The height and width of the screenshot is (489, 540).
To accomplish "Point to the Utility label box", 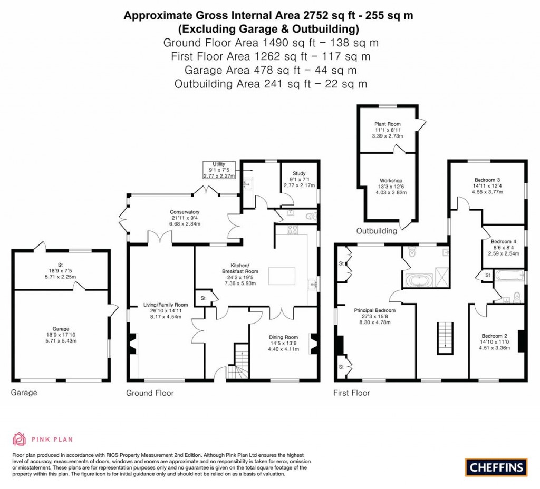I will tap(219, 170).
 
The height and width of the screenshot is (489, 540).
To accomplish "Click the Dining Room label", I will tap(283, 337).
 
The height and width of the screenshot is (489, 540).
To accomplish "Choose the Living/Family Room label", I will tap(166, 305).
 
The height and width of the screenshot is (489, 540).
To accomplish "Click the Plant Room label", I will tap(388, 124).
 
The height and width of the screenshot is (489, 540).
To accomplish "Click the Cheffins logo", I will tap(496, 466).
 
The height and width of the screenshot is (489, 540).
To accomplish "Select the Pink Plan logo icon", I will tap(20, 438).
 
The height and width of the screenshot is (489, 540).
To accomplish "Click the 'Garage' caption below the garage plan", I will tap(24, 393).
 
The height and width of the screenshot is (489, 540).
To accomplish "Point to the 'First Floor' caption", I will tap(352, 393).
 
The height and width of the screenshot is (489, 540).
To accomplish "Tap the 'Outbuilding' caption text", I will tap(377, 231).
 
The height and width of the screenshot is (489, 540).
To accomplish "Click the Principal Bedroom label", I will tap(375, 310).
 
